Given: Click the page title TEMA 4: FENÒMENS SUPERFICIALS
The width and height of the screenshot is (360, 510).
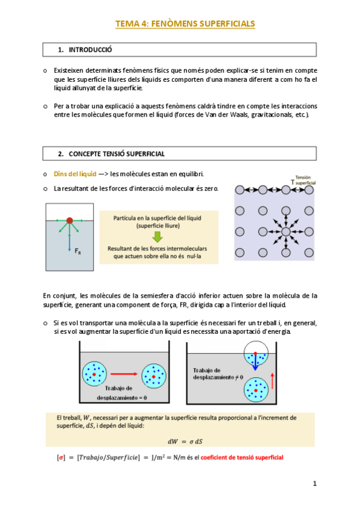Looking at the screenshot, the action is point(185,23).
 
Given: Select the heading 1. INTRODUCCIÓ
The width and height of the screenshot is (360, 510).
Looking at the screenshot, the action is point(85,50).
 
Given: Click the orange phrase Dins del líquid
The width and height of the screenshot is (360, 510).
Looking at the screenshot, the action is point(75,174).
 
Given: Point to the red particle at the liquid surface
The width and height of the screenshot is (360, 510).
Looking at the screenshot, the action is point(70,221).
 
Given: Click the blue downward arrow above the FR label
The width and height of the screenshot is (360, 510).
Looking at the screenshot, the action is point(69,238).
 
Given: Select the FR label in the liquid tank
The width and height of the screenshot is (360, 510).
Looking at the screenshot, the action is point(78,251).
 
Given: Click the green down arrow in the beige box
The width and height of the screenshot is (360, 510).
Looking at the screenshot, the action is point(157,237).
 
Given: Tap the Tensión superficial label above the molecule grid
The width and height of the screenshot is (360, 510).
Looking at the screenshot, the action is point(303,180).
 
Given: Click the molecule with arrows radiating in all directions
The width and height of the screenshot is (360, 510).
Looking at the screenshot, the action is point(285,232).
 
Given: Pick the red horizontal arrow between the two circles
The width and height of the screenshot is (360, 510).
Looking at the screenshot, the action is point(124,374).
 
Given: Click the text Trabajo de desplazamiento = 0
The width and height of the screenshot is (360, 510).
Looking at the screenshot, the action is point(121,393).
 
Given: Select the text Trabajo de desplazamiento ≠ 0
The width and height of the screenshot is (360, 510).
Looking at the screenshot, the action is point(218,373).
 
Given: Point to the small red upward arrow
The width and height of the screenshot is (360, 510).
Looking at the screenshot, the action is point(272,381).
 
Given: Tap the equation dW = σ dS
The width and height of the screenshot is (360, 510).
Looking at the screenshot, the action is point(185,441).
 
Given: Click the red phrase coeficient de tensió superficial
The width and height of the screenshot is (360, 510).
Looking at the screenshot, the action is point(242,457).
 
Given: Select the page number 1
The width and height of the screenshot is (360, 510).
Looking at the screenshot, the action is point(314,484).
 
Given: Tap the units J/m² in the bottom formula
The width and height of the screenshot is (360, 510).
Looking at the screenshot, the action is point(158,457).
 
